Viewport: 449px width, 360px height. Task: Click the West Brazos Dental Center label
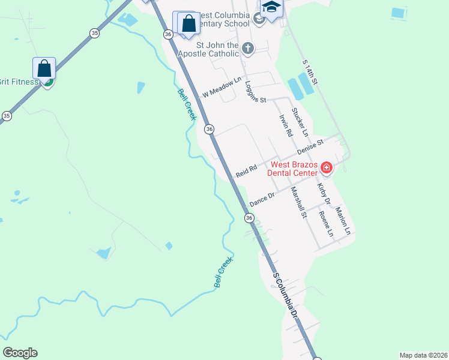click(x=294, y=169)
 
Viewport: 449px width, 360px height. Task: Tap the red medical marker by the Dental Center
click(x=327, y=167)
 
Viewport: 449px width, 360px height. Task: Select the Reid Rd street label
click(x=246, y=171)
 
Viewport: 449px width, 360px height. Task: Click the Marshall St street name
click(x=298, y=203)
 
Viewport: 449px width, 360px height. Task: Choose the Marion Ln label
click(x=343, y=220)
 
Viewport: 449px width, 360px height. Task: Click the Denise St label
click(x=310, y=148)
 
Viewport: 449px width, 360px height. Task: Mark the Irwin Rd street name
click(x=285, y=125)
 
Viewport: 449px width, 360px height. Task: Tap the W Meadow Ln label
click(x=221, y=88)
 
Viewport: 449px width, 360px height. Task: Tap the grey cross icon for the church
click(x=247, y=47)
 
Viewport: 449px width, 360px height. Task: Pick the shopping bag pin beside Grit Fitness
click(x=44, y=69)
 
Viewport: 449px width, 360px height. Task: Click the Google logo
click(x=20, y=353)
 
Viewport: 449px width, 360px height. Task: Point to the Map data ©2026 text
click(x=423, y=355)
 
